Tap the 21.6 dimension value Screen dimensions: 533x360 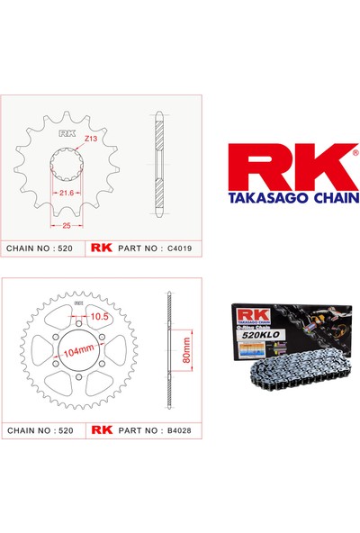point(65,192)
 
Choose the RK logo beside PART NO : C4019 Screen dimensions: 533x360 point(101,247)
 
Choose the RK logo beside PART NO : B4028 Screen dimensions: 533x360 point(101,430)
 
